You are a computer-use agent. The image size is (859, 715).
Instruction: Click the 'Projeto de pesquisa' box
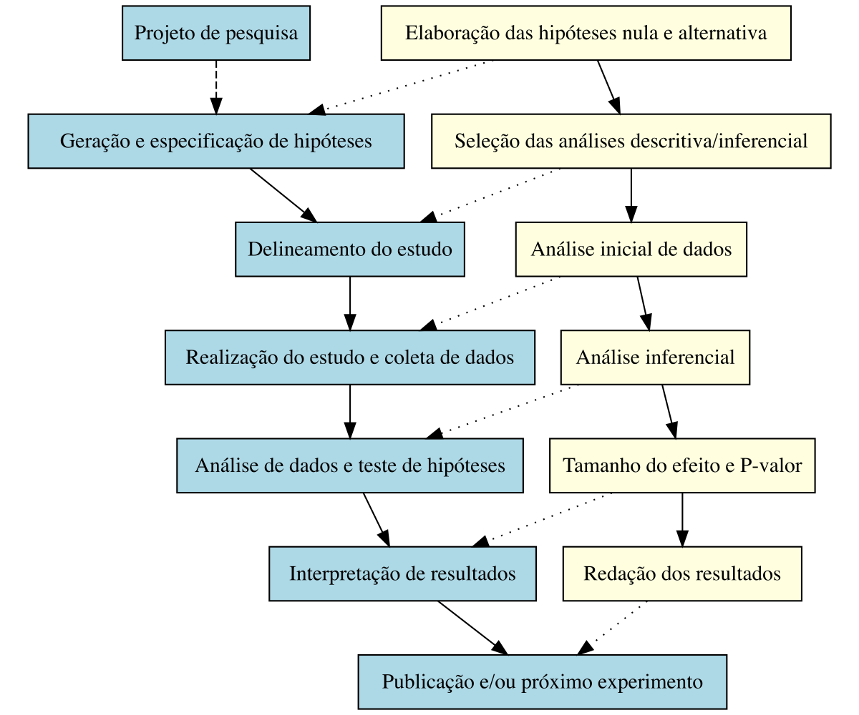pos(215,33)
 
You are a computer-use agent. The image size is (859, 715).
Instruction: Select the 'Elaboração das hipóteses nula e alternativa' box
pos(586,33)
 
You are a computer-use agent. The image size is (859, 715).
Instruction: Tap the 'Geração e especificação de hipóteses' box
pos(216,141)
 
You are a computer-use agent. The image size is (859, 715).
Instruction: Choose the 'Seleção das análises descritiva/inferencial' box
pos(631,141)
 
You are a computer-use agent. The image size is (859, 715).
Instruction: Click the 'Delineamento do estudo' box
pos(350,249)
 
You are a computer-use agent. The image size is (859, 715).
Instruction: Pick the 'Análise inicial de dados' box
pos(631,249)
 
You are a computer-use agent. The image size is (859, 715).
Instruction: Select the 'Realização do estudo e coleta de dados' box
pos(350,357)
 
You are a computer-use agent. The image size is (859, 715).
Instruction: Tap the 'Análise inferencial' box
pos(655,357)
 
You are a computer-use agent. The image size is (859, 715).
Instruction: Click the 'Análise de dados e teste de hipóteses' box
pos(350,465)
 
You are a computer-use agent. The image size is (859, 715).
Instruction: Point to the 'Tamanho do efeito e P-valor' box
pos(682,465)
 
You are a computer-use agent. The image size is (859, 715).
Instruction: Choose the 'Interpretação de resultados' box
pos(402,573)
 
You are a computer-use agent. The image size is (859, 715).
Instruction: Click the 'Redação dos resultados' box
pos(682,573)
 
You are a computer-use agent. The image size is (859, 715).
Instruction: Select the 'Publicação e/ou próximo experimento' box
pos(542,681)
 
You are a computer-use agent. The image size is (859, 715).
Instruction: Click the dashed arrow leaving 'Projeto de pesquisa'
pos(215,86)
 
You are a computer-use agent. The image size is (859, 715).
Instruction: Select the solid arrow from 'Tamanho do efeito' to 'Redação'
pos(682,518)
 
